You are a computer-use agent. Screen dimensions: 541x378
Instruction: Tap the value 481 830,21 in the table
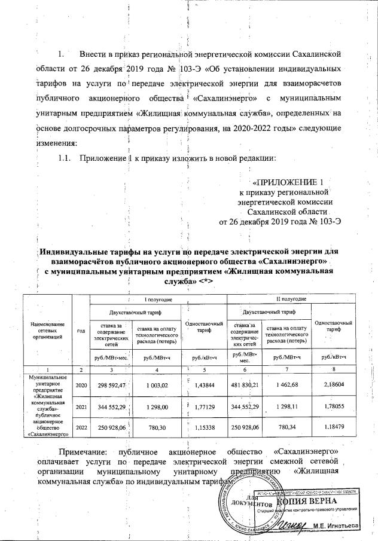click(248, 385)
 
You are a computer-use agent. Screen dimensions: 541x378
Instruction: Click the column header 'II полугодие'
click(291, 298)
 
